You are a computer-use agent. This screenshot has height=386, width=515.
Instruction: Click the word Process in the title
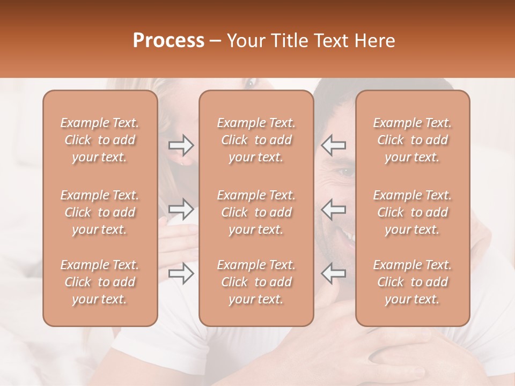coord(168,41)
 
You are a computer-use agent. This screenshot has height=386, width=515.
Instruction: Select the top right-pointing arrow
coord(181,145)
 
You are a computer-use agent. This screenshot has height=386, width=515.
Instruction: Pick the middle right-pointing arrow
coord(181,209)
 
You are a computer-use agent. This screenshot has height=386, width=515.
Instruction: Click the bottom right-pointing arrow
coord(181,273)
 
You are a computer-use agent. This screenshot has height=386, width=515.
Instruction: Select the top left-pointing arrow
coord(333,145)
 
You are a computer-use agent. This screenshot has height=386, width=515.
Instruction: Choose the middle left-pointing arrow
coord(333,209)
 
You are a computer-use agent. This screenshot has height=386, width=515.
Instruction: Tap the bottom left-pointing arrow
coord(333,273)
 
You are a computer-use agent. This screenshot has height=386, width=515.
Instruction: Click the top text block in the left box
coord(100,140)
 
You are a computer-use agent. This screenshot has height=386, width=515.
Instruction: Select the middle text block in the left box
coord(100,212)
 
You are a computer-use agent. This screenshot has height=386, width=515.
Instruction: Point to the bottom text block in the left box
coord(100,282)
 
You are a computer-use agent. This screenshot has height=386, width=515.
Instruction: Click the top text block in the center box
coord(256,140)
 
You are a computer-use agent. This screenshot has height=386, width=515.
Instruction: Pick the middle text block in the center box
coord(256,212)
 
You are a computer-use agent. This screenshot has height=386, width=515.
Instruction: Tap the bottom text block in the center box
coord(256,282)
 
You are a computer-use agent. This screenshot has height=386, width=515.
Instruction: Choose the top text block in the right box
coord(413,140)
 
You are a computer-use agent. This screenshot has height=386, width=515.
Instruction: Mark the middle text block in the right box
coord(413,212)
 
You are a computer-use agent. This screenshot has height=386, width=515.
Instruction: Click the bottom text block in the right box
coord(413,282)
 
